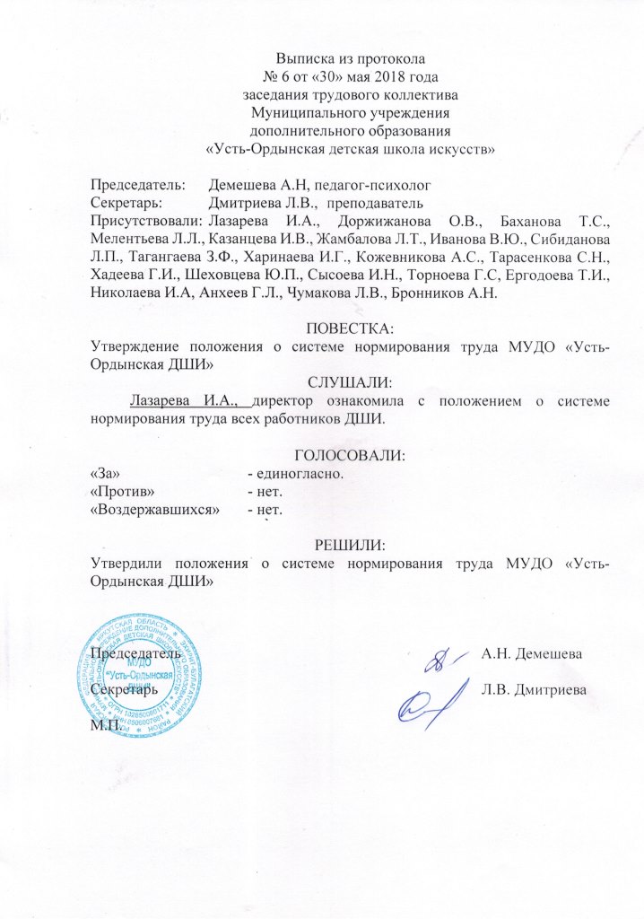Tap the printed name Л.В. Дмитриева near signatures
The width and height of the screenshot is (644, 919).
[535, 689]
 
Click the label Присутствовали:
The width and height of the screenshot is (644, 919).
[146, 220]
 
